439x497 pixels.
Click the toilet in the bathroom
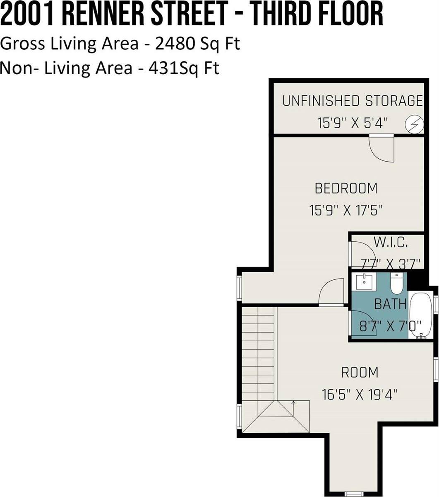point(396,283)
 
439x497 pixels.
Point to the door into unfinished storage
point(382,148)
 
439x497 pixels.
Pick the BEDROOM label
point(346,188)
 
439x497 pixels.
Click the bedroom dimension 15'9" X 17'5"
point(346,210)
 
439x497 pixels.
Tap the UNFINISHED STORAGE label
point(353,101)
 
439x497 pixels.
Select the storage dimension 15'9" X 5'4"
point(353,123)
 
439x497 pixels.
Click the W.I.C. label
point(391,242)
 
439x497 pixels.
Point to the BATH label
point(390,304)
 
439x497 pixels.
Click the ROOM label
point(360,372)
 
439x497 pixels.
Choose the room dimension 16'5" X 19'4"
point(360,395)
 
